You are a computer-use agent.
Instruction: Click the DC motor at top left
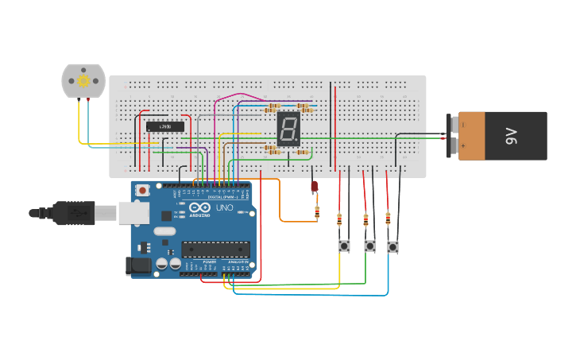pyautogui.click(x=83, y=81)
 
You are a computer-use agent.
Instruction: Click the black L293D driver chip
pyautogui.click(x=165, y=126)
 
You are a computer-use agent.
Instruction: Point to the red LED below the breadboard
pyautogui.click(x=314, y=187)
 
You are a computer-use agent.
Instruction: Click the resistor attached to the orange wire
pyautogui.click(x=317, y=212)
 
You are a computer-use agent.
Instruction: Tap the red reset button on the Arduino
pyautogui.click(x=143, y=190)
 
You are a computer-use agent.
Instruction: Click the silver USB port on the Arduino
pyautogui.click(x=133, y=212)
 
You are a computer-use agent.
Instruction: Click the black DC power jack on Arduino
pyautogui.click(x=138, y=266)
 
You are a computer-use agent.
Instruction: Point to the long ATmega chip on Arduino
pyautogui.click(x=215, y=250)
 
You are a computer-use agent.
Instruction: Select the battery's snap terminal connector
pyautogui.click(x=454, y=136)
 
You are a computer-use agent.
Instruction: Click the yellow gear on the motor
pyautogui.click(x=83, y=80)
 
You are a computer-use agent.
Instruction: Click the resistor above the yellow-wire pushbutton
pyautogui.click(x=339, y=219)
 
